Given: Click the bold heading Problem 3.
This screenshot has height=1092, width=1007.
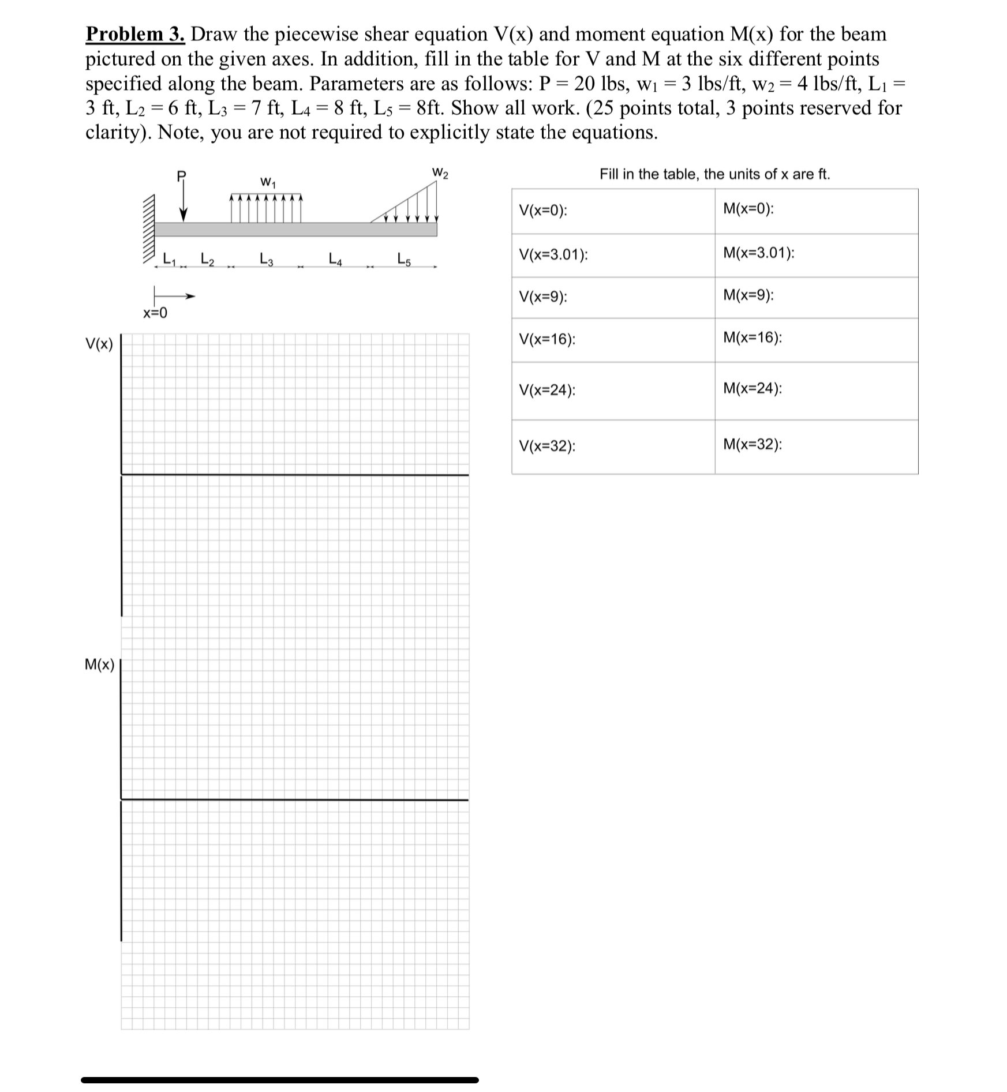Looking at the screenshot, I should point(135,35).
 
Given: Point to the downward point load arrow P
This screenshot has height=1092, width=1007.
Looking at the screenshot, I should point(183,202).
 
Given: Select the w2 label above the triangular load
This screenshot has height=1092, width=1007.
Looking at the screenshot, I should point(440,172).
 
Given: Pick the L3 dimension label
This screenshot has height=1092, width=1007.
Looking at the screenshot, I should point(267,259).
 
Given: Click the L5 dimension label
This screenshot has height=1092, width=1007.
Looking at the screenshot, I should point(404,259).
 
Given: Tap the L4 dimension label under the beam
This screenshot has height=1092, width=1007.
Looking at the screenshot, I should point(335,259).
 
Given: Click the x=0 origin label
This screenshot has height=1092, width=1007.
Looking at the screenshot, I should point(155,313).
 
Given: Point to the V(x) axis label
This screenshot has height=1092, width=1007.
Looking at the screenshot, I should point(99,344).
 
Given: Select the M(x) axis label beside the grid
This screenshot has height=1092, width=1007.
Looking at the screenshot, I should point(99,665).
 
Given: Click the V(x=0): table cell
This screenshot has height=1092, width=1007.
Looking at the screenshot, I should point(613,211).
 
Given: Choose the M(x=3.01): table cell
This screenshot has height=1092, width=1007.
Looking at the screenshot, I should point(816,255).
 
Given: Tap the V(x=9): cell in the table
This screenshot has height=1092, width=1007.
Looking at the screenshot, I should point(613,298).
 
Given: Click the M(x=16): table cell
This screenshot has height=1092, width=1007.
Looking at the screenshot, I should point(816,340).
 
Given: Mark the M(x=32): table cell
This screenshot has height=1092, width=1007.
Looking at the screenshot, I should point(816,446).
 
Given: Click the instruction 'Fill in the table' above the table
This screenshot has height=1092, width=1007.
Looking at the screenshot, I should point(714,174).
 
